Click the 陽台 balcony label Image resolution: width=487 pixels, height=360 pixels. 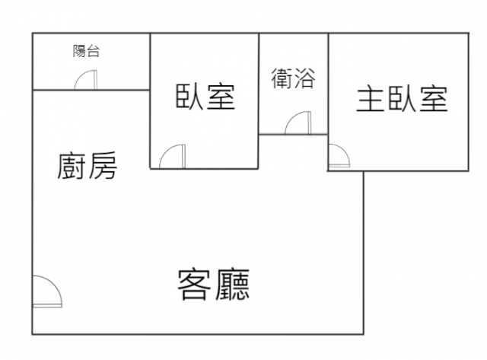[86, 51]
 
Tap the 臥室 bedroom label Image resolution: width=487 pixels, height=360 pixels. [205, 97]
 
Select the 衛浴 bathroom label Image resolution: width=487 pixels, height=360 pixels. [293, 78]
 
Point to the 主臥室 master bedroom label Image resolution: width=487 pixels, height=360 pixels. [402, 99]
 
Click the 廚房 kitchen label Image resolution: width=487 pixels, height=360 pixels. [88, 166]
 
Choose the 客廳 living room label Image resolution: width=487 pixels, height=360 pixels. [214, 285]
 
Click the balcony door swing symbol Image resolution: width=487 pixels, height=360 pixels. [86, 80]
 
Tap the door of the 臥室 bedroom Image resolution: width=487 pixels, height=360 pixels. [173, 156]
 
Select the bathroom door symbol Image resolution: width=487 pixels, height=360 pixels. [298, 123]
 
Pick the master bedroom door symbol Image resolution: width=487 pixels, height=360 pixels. [339, 156]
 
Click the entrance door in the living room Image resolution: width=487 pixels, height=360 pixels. [47, 292]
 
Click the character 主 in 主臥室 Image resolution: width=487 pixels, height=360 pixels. [370, 99]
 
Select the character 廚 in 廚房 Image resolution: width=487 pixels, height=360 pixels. [71, 166]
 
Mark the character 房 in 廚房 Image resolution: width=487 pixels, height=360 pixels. [103, 166]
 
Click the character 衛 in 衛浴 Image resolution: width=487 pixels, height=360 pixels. [282, 78]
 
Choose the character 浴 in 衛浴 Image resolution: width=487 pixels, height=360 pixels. [304, 78]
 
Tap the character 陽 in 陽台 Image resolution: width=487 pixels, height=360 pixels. [79, 51]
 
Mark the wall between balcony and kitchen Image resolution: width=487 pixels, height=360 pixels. [91, 91]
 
